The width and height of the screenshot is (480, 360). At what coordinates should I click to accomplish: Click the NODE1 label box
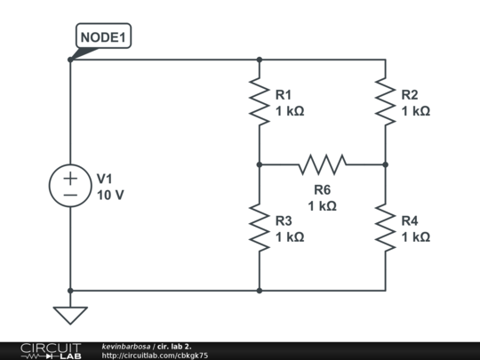click(x=103, y=36)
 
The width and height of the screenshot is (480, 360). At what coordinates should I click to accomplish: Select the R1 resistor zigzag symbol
click(x=260, y=101)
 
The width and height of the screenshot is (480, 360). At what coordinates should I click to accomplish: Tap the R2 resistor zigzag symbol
click(x=386, y=101)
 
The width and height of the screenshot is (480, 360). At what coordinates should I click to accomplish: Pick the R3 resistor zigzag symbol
click(x=260, y=228)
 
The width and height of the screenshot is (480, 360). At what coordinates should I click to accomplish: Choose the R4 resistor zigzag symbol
click(x=386, y=228)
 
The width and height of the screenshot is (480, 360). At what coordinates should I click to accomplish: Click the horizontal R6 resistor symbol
click(x=323, y=164)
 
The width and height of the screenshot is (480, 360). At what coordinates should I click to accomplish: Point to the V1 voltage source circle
click(x=70, y=186)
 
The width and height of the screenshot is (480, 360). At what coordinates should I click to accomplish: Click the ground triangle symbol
click(x=70, y=316)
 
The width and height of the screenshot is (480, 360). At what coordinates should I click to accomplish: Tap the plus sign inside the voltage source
click(x=70, y=178)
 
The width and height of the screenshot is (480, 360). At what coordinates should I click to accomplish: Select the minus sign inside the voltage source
click(x=70, y=195)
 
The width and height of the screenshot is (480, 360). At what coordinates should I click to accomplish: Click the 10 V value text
click(x=110, y=195)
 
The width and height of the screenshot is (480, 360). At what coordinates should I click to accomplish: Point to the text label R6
click(x=323, y=190)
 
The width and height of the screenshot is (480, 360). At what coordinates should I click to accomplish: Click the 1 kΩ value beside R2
click(x=416, y=111)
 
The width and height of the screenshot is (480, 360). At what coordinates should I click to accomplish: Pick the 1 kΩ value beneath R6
click(x=323, y=205)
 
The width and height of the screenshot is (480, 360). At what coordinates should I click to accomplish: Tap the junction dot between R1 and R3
click(x=260, y=164)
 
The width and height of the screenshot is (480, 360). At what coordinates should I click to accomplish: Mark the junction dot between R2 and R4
click(x=386, y=164)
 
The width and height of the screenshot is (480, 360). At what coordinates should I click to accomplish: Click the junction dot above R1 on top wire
click(x=260, y=60)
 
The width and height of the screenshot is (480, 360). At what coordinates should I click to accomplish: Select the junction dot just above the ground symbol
click(x=70, y=291)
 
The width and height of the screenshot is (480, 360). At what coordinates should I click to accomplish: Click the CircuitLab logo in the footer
click(x=51, y=351)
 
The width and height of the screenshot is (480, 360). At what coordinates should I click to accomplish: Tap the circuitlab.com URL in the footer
click(x=155, y=356)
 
